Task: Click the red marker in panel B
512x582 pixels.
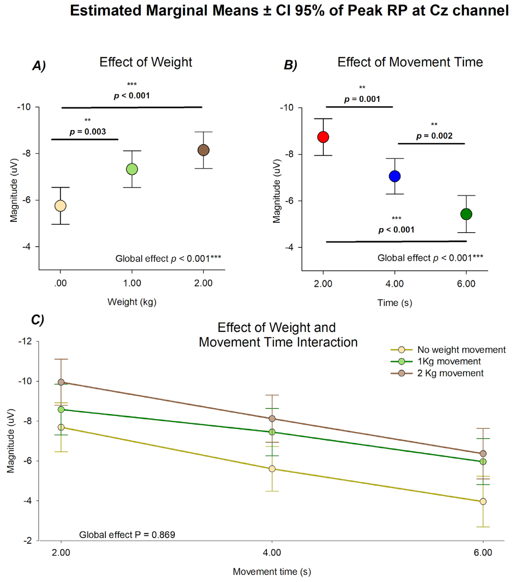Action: point(323,137)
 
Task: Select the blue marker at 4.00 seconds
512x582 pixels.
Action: point(395,176)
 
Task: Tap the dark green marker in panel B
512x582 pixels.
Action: point(466,214)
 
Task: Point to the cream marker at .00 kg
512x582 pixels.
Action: point(60,206)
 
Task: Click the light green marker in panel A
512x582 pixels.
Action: point(132,169)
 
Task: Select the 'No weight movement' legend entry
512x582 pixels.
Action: point(461,350)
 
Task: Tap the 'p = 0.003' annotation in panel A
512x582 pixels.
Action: point(88,132)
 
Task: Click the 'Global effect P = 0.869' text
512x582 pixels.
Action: point(127,535)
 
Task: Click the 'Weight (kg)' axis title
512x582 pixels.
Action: point(132,302)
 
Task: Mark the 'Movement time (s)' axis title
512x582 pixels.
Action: point(272,571)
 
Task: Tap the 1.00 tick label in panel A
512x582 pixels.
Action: point(132,283)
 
